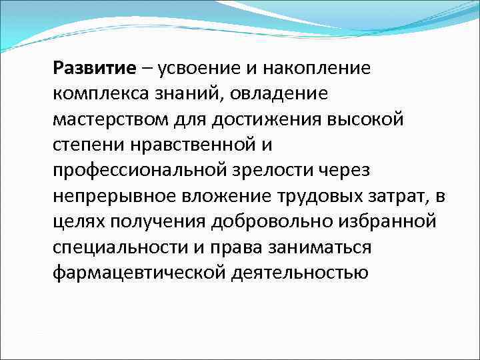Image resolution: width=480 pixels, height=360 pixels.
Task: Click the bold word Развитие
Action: pyautogui.click(x=97, y=67)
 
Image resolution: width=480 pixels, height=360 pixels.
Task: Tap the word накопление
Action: pyautogui.click(x=316, y=67)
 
